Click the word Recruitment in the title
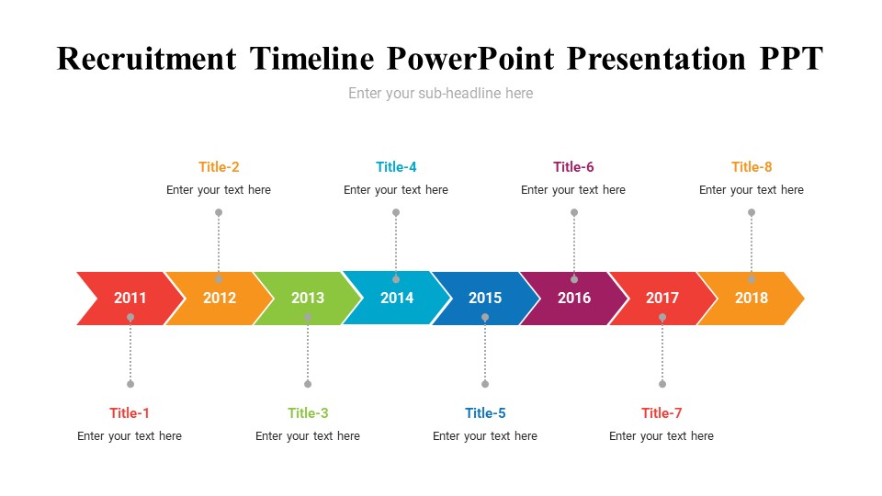pyautogui.click(x=147, y=59)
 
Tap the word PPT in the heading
pyautogui.click(x=791, y=59)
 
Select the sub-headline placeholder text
pyautogui.click(x=440, y=94)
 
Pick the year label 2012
pyautogui.click(x=220, y=298)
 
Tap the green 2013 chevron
pyautogui.click(x=308, y=299)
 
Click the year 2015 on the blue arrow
pyautogui.click(x=485, y=298)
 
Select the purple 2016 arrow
pyautogui.click(x=573, y=299)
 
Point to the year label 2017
pyautogui.click(x=662, y=298)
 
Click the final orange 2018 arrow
pyautogui.click(x=751, y=299)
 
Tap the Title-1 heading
pyautogui.click(x=130, y=413)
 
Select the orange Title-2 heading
pyautogui.click(x=219, y=167)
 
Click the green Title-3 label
pyautogui.click(x=308, y=413)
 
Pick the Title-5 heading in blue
pyautogui.click(x=485, y=413)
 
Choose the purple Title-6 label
pyautogui.click(x=573, y=167)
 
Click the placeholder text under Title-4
pyautogui.click(x=396, y=190)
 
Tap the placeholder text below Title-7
pyautogui.click(x=661, y=436)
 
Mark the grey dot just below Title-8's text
pyautogui.click(x=752, y=212)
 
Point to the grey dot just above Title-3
pyautogui.click(x=308, y=384)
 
